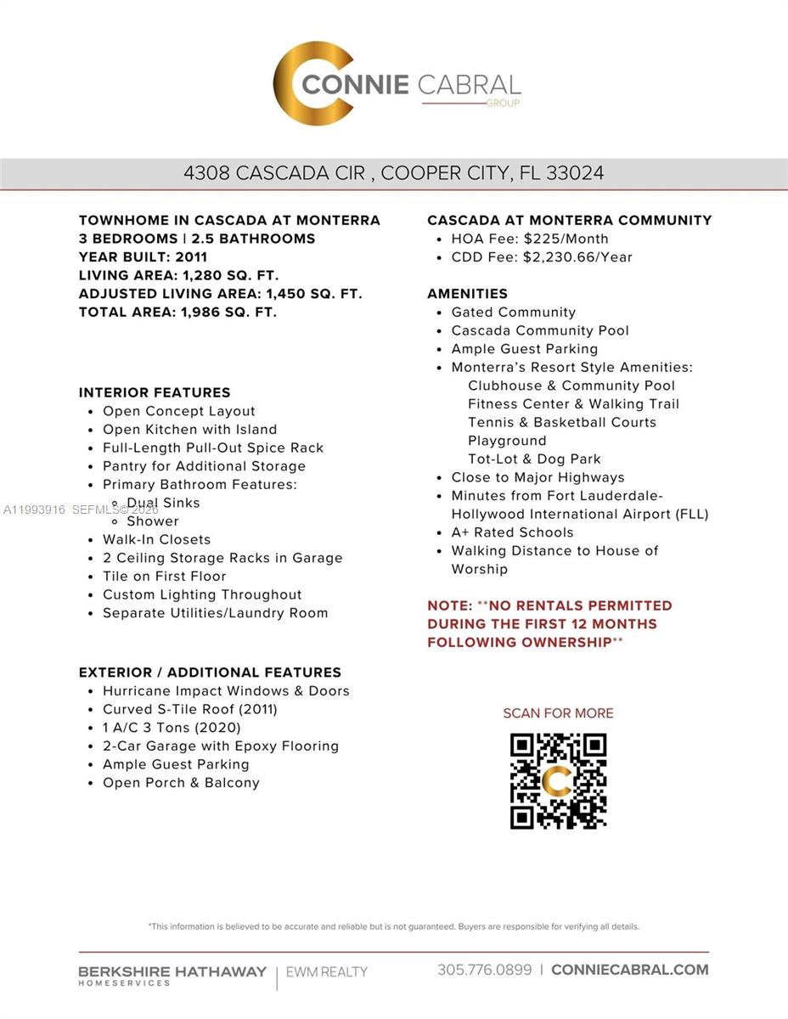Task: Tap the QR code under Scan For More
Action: click(x=558, y=781)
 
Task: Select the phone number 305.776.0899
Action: click(x=485, y=970)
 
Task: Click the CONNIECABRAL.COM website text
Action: click(x=629, y=970)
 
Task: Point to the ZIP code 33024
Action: click(x=576, y=173)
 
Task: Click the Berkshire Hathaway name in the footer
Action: click(x=172, y=971)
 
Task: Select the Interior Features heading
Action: click(x=155, y=392)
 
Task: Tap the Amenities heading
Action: click(x=467, y=294)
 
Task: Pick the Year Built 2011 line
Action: click(x=143, y=256)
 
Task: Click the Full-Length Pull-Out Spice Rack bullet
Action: click(x=213, y=448)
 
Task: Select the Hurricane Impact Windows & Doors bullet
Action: click(x=226, y=691)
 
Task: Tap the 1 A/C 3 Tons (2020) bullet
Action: click(x=172, y=728)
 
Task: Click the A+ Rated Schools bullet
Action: click(x=512, y=532)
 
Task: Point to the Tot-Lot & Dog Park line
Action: click(x=534, y=459)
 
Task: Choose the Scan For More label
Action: click(x=558, y=713)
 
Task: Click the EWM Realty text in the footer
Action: click(x=327, y=971)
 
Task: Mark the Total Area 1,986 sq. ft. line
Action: click(x=177, y=312)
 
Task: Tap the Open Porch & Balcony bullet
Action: click(x=181, y=783)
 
